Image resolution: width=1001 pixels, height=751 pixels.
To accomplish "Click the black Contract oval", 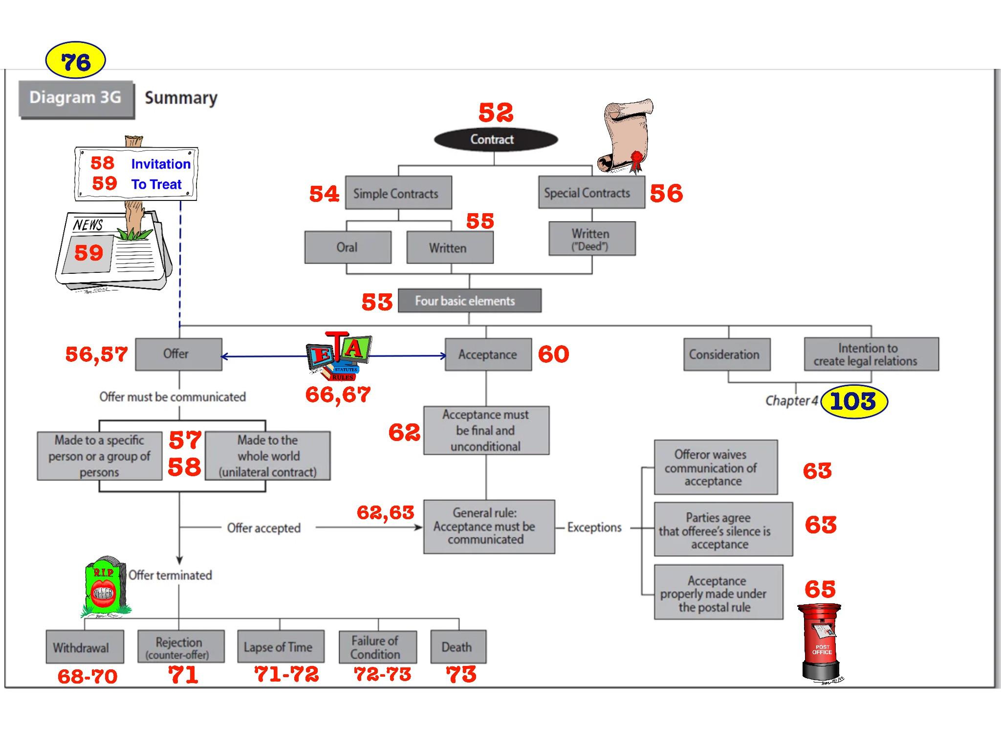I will coord(496,140).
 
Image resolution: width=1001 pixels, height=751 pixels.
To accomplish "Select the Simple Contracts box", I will coord(398,193).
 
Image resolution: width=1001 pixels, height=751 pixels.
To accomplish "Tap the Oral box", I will coord(348,247).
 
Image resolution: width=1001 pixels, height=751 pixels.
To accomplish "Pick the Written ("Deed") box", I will coord(591,239).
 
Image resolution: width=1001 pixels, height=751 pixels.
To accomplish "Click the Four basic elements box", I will coord(469,301).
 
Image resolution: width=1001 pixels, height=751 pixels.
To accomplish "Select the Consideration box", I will coord(726,354).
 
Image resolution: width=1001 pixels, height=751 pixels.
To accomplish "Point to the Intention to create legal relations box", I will coord(870,354).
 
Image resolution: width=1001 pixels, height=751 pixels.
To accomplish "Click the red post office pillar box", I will coord(821,641).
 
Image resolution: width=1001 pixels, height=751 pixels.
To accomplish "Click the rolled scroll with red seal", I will coord(626,136).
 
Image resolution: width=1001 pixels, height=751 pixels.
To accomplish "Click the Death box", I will coord(458,647).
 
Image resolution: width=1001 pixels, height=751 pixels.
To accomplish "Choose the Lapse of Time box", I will coord(281,647).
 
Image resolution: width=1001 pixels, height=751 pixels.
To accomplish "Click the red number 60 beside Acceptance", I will coord(553,354).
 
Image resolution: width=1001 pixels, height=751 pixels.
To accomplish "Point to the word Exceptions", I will coord(594,528).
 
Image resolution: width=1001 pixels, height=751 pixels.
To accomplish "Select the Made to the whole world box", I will coord(267,456).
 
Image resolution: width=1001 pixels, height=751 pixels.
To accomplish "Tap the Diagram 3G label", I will coord(76,98).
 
